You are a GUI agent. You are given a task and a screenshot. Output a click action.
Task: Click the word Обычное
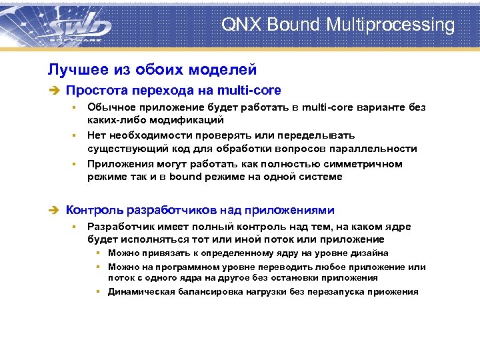tap(111, 107)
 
